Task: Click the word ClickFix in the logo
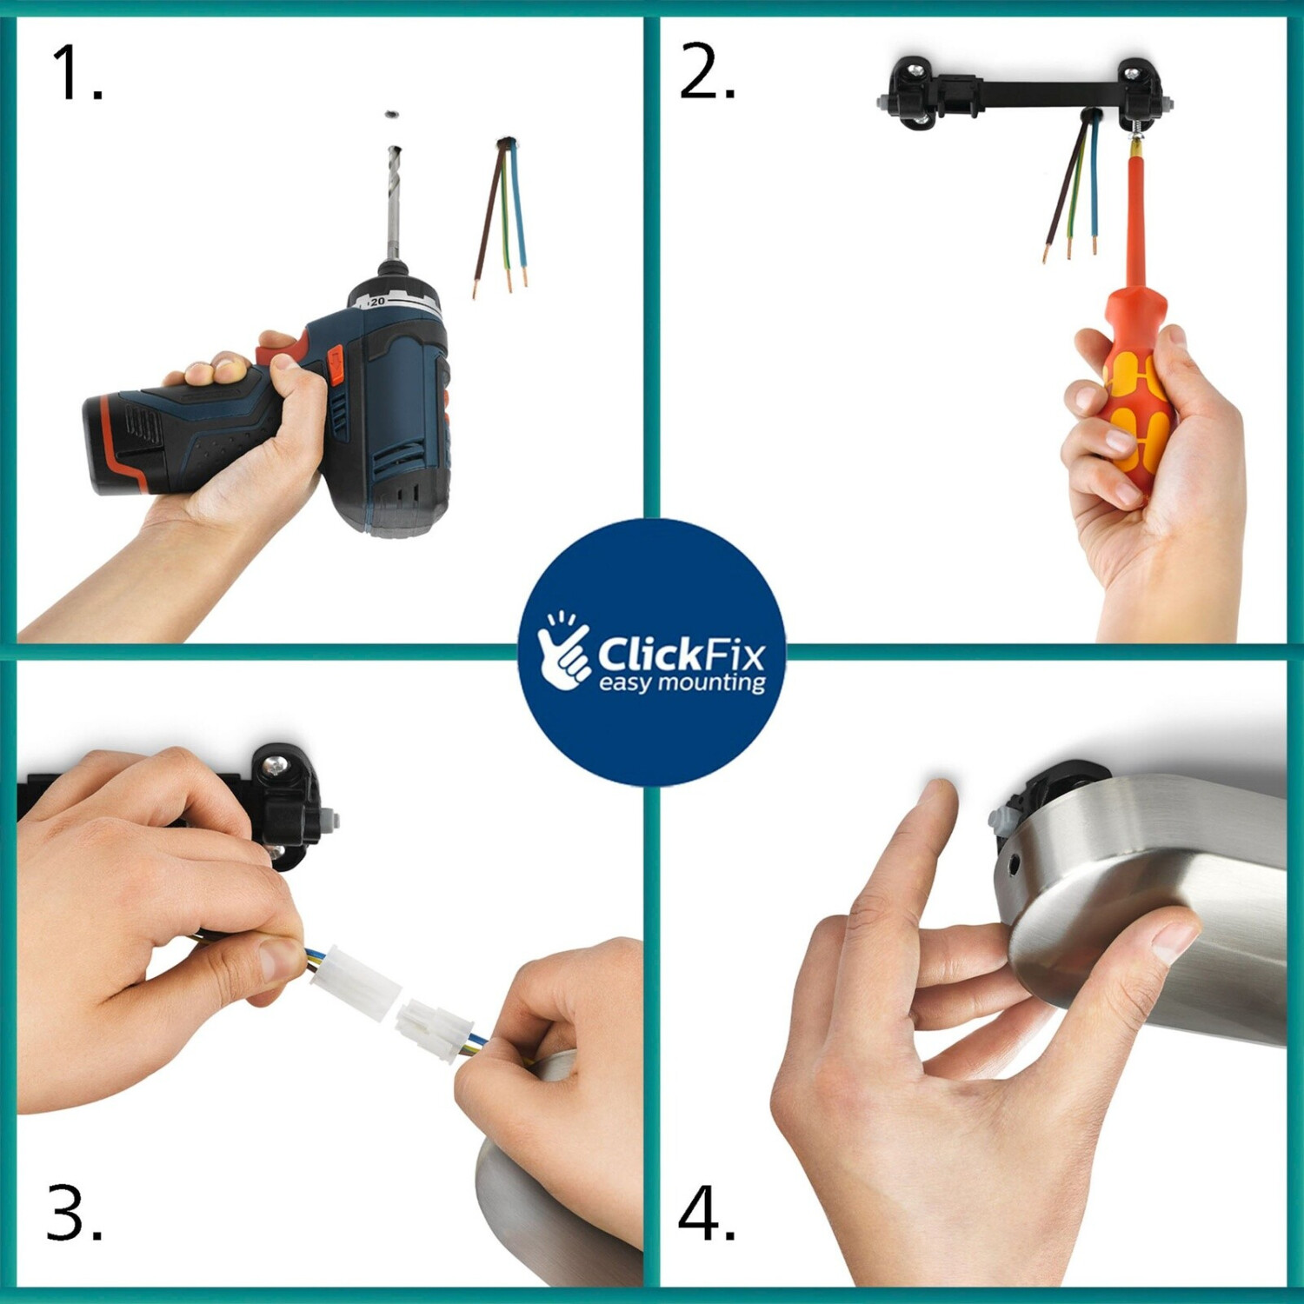[681, 654]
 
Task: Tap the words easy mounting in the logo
[682, 682]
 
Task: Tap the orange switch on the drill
[335, 365]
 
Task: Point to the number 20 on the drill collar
[376, 302]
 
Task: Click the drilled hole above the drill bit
[392, 114]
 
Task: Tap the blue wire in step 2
[1094, 183]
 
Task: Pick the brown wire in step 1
[487, 217]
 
